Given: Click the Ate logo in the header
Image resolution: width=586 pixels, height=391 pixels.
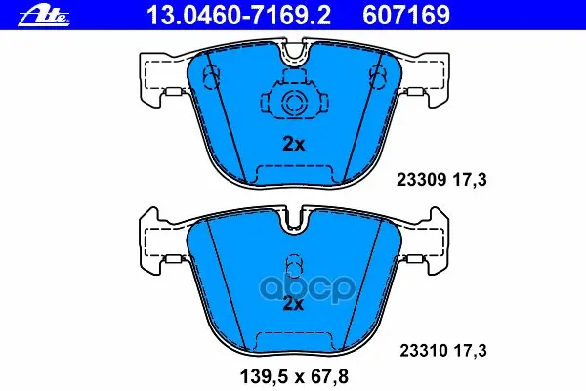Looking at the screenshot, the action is [44, 17].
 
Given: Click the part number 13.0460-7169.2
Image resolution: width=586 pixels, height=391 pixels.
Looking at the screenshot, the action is [239, 16].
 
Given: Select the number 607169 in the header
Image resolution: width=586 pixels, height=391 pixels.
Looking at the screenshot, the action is [406, 16].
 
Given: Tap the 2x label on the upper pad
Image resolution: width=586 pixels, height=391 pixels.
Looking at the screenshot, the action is [294, 144].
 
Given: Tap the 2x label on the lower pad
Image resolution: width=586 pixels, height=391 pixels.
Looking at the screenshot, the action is [294, 304].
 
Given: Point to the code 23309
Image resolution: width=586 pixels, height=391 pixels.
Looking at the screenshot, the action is [421, 180].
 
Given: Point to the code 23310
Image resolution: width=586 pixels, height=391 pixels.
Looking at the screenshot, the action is [424, 351].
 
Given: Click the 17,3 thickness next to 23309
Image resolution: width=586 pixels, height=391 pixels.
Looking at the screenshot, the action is [470, 180].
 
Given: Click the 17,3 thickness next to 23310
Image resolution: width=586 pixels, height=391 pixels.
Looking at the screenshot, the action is [470, 351].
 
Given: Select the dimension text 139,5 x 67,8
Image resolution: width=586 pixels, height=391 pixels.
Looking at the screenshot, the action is [295, 376].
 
